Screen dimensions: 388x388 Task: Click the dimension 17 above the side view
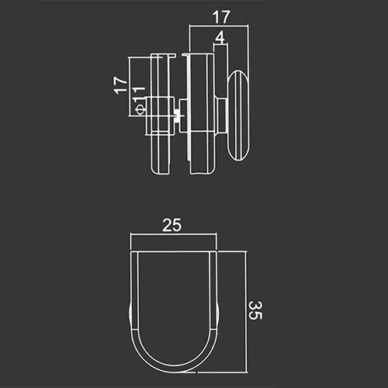click(221, 17)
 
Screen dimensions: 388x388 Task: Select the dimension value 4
click(220, 37)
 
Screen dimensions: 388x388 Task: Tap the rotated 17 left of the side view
click(120, 85)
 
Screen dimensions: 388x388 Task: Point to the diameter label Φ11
click(138, 100)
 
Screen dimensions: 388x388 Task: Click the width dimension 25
click(172, 225)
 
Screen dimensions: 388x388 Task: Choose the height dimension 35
click(256, 310)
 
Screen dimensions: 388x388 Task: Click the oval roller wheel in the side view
click(239, 116)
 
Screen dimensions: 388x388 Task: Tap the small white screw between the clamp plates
click(177, 116)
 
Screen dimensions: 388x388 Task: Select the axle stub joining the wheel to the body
click(222, 116)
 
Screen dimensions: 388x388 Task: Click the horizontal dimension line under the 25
click(173, 234)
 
